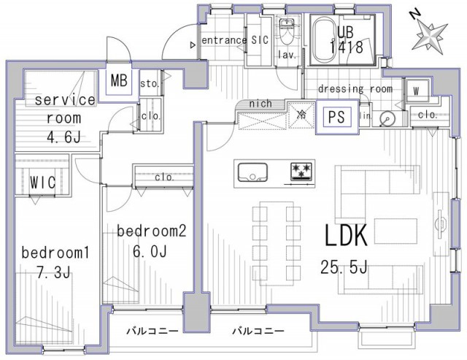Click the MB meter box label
[119, 80]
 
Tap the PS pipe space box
[336, 117]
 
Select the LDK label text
[345, 235]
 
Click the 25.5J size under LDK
[344, 267]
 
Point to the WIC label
[42, 182]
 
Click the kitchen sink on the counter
[252, 172]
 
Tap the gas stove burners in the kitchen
[301, 172]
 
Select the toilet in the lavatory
[287, 29]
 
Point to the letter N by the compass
[415, 14]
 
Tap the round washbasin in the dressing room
[387, 119]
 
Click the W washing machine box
[417, 91]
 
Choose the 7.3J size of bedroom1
[53, 272]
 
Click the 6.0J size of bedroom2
[150, 252]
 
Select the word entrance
[224, 39]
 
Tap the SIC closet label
[260, 39]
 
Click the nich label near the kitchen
[260, 104]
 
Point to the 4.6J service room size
[63, 137]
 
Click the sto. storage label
[149, 84]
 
